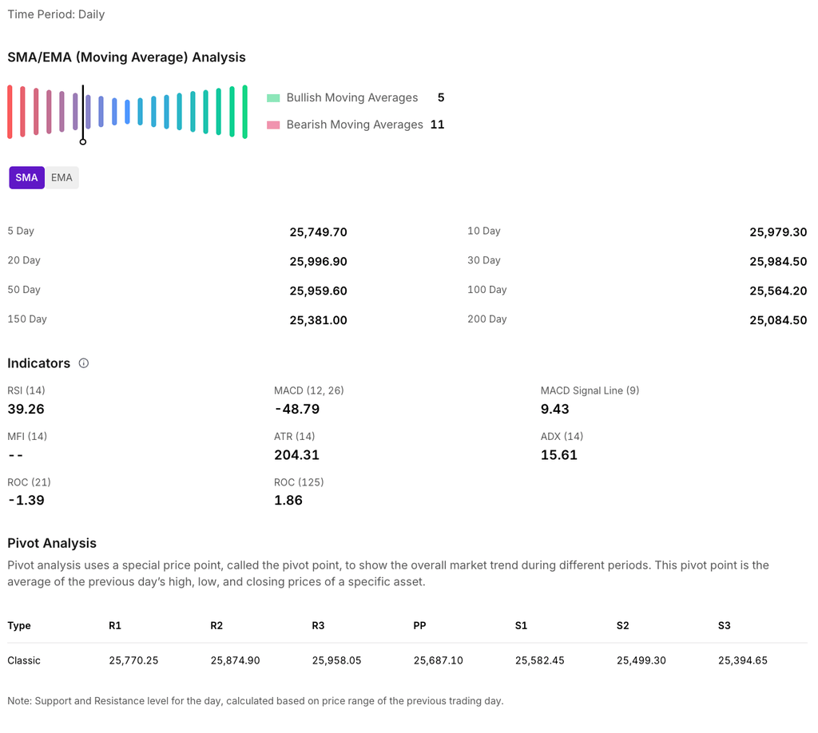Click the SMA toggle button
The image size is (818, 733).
[26, 177]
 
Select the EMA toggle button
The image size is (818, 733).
[62, 177]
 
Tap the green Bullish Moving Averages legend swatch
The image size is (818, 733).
[273, 98]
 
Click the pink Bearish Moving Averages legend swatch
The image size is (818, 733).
[273, 125]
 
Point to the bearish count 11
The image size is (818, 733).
[437, 125]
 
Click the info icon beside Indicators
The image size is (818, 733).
[84, 363]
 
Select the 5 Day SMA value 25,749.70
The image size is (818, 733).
[318, 232]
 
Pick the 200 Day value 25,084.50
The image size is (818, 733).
[778, 320]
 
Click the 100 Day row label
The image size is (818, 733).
[487, 290]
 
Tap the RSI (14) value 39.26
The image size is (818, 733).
[26, 409]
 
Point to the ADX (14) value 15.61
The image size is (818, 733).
[558, 455]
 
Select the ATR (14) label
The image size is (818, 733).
[295, 436]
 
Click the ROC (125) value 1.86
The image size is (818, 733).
[288, 501]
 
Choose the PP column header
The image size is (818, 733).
[419, 625]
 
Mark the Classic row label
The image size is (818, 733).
[24, 660]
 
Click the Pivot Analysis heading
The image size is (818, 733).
[52, 543]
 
